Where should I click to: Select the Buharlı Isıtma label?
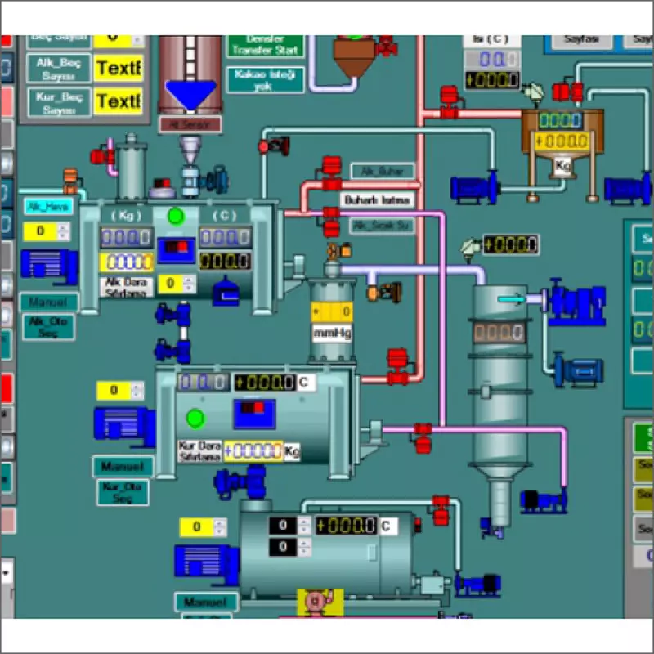[x=377, y=199]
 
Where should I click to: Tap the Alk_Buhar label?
[x=382, y=171]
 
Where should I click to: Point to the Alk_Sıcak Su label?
[x=382, y=225]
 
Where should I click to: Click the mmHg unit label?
[x=332, y=333]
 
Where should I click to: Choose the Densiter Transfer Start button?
[x=265, y=45]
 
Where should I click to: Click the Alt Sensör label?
[x=190, y=124]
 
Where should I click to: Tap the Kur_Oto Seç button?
[x=123, y=492]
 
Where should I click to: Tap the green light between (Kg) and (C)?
[x=175, y=216]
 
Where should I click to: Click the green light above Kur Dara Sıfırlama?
[x=195, y=419]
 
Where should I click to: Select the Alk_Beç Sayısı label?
[x=59, y=68]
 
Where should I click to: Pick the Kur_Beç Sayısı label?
[x=59, y=102]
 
